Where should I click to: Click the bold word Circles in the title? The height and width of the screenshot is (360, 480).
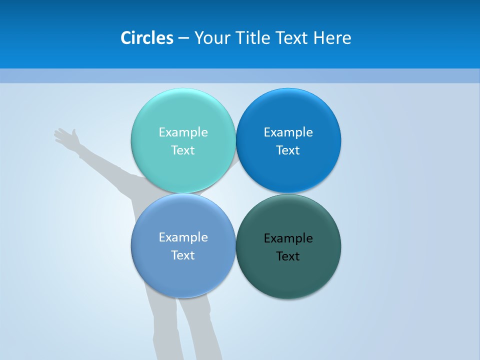pos(146,38)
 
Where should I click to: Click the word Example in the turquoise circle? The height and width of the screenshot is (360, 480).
pos(183,132)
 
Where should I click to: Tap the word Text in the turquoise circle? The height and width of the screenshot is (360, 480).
pos(183,150)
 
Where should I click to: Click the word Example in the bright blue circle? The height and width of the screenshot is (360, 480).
pos(288,132)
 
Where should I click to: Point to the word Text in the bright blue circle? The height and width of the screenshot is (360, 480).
pos(288,150)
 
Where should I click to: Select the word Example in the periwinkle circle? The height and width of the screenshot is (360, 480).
pos(183,237)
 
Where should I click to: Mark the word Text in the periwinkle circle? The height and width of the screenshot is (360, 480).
pos(183,255)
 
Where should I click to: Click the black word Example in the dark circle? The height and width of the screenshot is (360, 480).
pos(288,238)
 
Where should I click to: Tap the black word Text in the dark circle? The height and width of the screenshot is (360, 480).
pos(288,256)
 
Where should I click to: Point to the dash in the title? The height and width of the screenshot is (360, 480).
pos(183,38)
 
